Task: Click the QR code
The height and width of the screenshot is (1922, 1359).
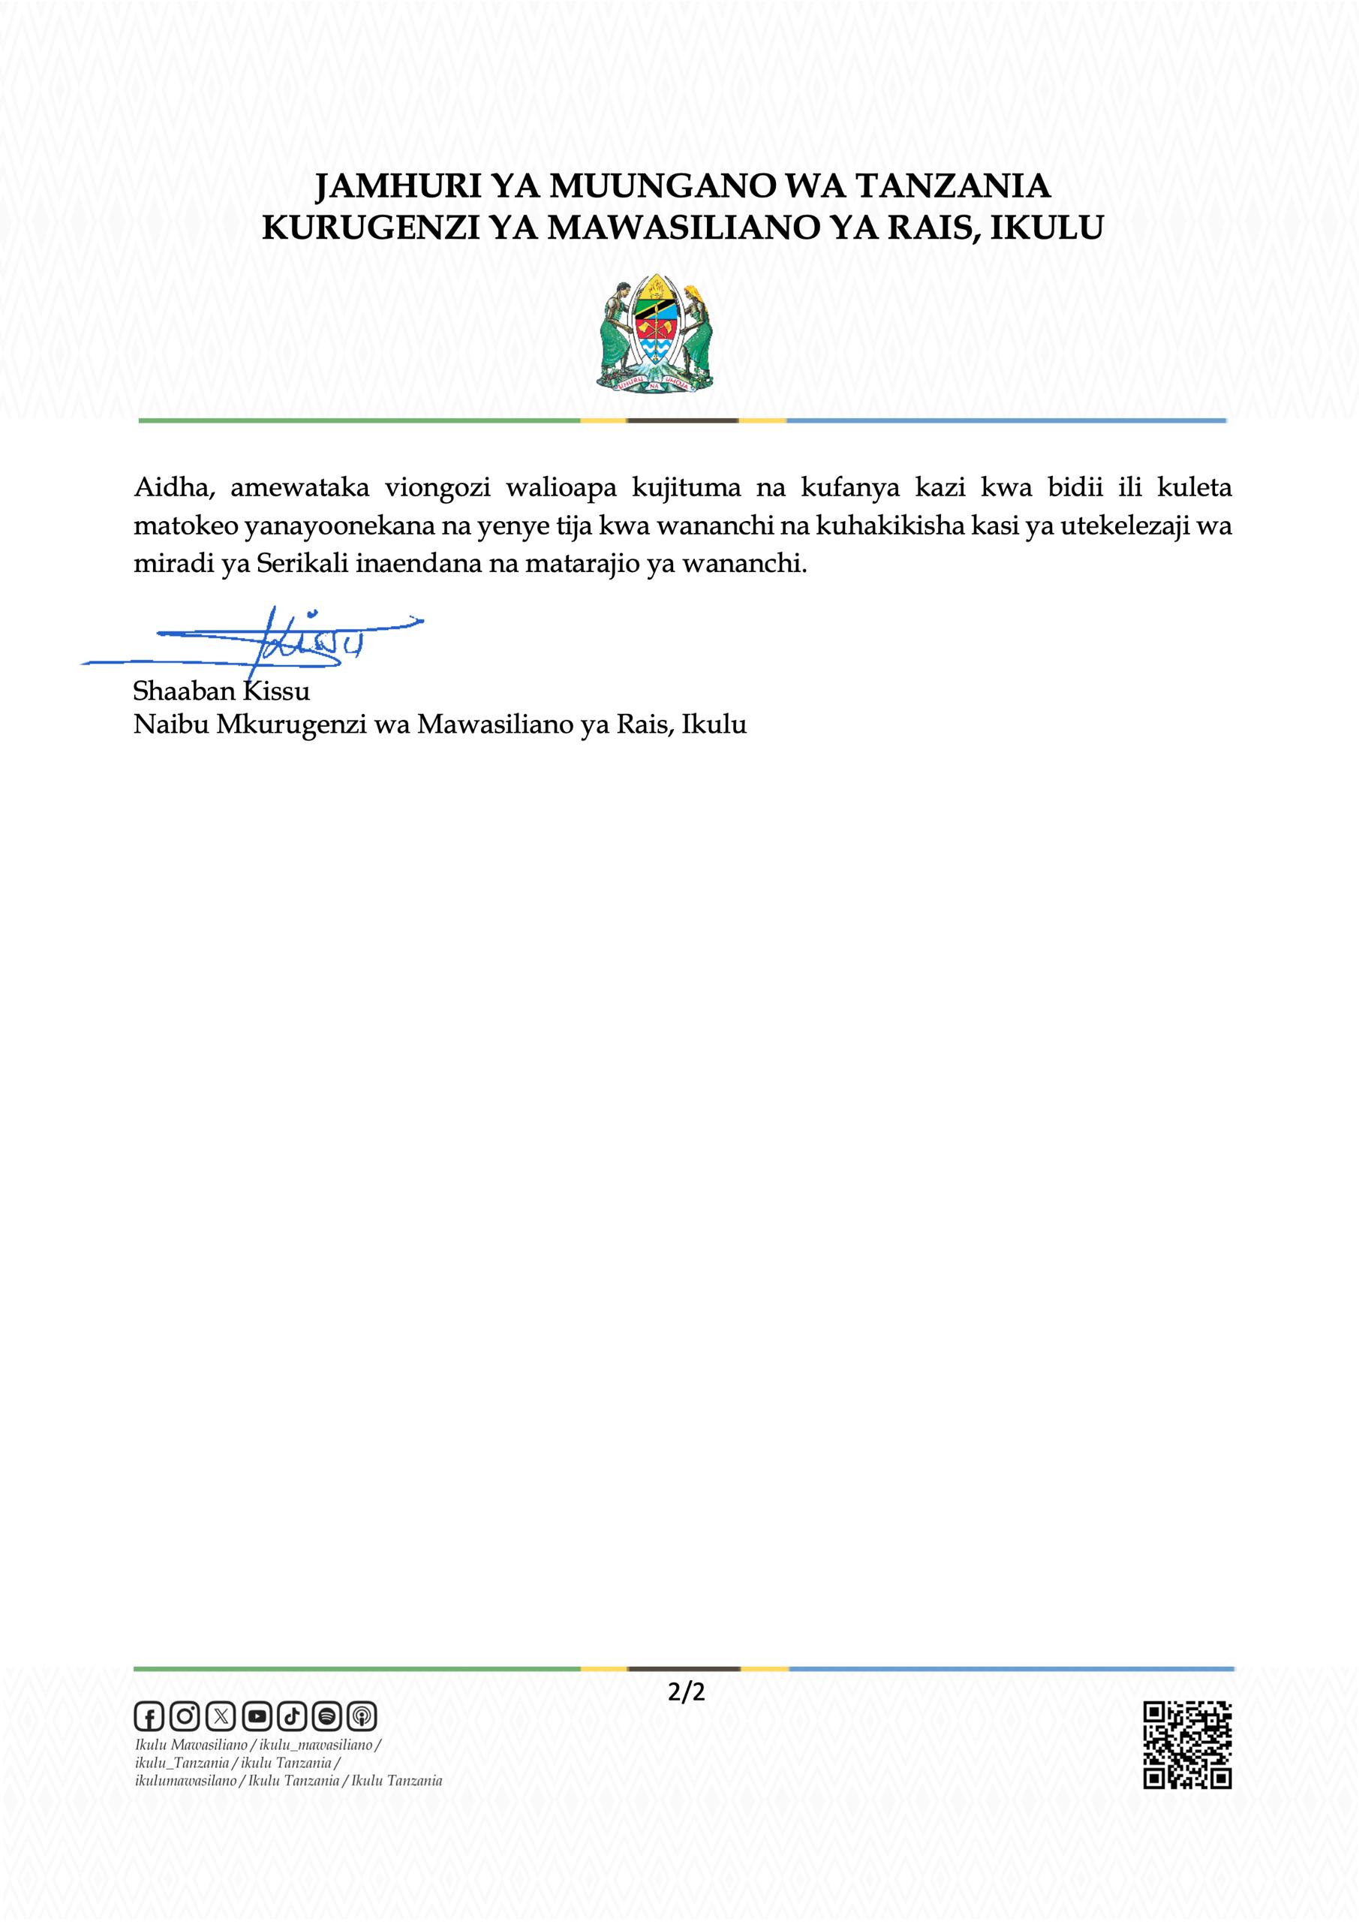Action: (x=1187, y=1746)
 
